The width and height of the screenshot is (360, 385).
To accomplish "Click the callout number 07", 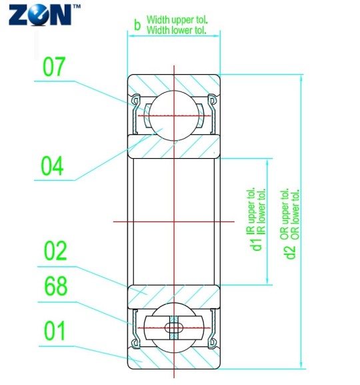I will pos(55,68).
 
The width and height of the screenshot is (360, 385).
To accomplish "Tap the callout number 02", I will pos(55,252).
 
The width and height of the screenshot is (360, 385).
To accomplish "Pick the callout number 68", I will pos(55,288).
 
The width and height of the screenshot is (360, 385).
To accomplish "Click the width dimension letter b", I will pos(137,25).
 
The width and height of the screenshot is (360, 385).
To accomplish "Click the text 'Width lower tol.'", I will pos(177,29).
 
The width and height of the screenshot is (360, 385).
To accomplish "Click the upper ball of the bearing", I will pos(174,113).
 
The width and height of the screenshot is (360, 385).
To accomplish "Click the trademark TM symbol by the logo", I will pos(75,6).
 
